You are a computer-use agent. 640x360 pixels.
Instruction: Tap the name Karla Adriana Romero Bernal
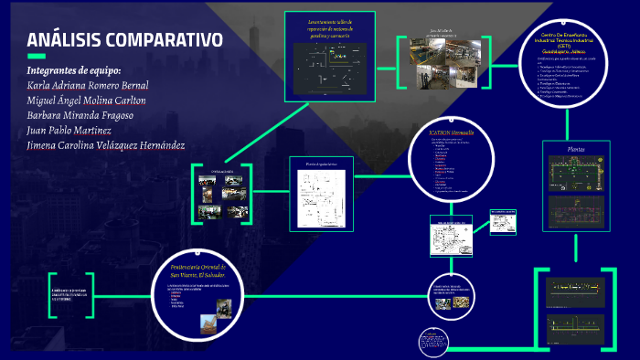click(88, 86)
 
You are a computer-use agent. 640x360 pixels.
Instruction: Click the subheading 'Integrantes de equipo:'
click(73, 70)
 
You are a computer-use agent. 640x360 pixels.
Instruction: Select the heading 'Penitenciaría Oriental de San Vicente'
click(203, 270)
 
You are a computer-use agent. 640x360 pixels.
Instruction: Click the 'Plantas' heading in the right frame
click(577, 148)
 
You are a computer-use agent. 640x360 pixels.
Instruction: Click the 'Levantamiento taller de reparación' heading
click(328, 27)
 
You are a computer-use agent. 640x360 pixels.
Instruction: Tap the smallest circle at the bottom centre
click(432, 343)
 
